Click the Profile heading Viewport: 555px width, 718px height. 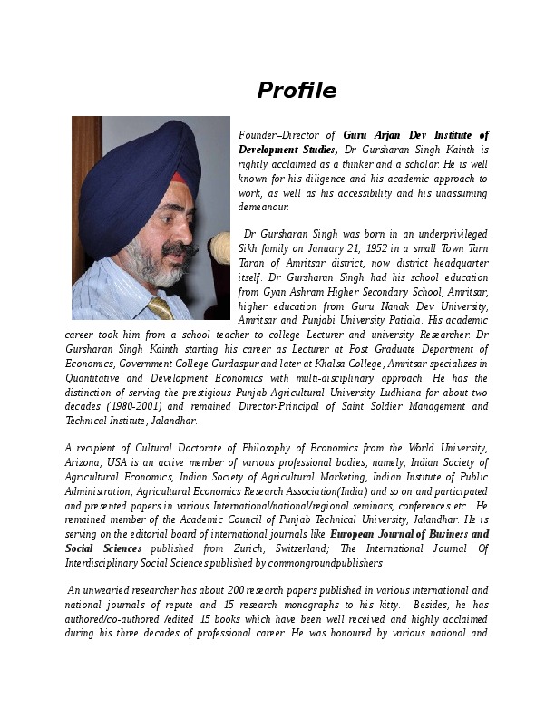click(297, 91)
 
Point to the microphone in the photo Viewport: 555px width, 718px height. click(219, 245)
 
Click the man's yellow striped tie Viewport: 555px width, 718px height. click(161, 307)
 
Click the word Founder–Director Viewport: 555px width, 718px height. click(279, 135)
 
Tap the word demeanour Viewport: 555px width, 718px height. click(263, 207)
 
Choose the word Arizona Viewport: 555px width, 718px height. click(83, 463)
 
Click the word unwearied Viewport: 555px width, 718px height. click(115, 591)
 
